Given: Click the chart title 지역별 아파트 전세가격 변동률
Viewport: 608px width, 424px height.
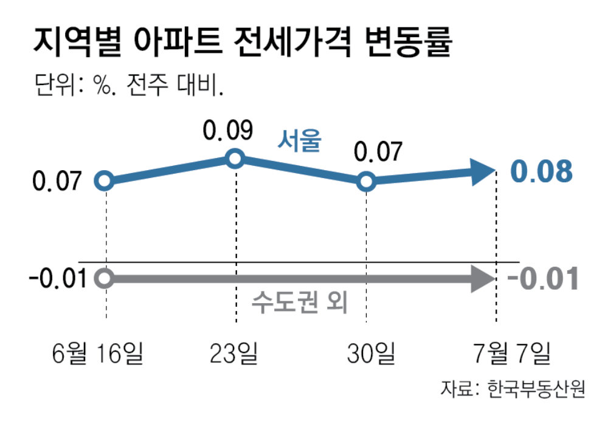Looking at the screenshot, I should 243,43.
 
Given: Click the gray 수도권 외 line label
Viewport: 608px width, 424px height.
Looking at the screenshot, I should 299,303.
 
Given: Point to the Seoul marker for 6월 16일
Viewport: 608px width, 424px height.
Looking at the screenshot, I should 105,181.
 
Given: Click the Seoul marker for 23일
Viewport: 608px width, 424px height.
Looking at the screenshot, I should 235,160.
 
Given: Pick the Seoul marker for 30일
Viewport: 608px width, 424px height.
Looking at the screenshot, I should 365,181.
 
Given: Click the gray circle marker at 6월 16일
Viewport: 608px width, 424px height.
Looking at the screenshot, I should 105,279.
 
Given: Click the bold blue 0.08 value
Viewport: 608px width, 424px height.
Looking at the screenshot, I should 541,172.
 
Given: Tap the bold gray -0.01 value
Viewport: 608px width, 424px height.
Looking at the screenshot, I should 541,279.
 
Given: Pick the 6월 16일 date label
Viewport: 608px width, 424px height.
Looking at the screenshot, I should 97,352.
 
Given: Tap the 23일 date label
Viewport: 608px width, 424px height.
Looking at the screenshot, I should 233,352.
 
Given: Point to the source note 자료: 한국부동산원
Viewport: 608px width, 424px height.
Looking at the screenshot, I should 513,388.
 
